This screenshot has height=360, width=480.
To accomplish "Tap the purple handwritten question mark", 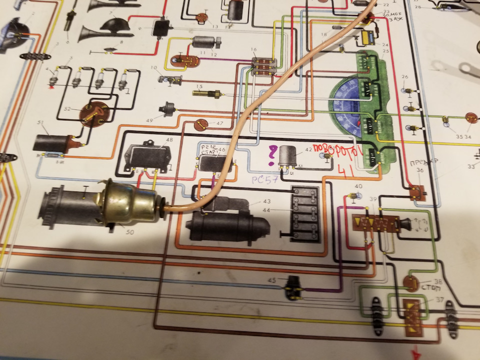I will coord(272,155).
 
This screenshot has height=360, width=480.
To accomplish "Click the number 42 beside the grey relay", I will coord(308,149).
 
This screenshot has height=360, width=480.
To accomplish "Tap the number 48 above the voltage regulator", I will coord(169,140).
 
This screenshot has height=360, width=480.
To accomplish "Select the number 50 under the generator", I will coord(116,232).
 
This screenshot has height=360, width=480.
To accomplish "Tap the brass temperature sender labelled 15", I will coord(205,93).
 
